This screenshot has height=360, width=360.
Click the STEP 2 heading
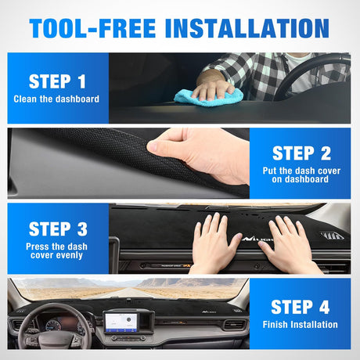[x=301, y=153]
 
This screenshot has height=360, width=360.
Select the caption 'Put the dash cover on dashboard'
[x=301, y=175]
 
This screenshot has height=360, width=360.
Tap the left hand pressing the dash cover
[x=212, y=243]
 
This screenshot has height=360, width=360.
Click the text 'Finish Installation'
[x=301, y=324]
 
